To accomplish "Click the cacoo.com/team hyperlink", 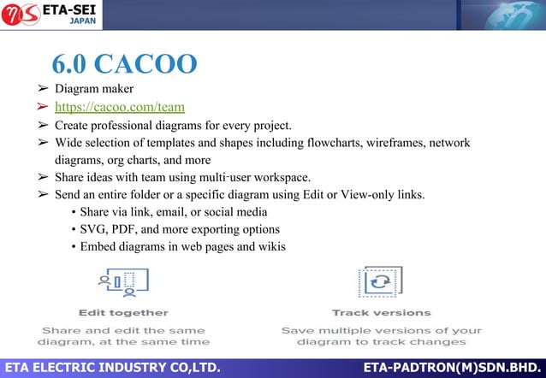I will tap(120, 107).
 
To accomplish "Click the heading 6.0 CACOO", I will tap(124, 65).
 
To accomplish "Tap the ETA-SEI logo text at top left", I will tap(80, 9).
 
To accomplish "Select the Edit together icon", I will tap(123, 282).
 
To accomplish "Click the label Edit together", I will tap(123, 312).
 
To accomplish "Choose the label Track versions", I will tap(381, 312).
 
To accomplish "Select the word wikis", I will tap(270, 247).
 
